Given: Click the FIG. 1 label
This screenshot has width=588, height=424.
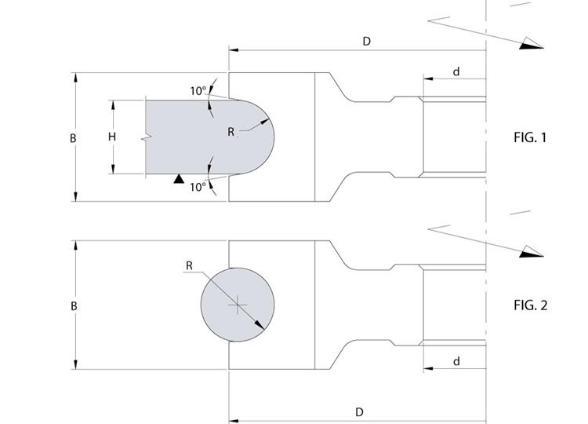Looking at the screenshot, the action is [530, 137].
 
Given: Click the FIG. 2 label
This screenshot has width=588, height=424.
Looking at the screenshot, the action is [530, 305].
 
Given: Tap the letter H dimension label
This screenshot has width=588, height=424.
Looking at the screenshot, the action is [112, 137].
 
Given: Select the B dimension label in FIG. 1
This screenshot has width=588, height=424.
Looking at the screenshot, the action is [73, 138].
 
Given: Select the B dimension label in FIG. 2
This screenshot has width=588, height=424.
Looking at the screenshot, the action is [74, 306].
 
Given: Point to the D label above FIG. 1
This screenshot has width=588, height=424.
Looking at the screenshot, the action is [367, 42].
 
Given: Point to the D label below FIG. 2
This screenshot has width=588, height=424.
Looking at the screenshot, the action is [359, 412].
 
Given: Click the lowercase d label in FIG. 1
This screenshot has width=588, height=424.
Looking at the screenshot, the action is [456, 71].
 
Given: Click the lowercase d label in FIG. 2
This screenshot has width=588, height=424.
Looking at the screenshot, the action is [456, 361].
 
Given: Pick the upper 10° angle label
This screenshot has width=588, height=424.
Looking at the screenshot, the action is [198, 91].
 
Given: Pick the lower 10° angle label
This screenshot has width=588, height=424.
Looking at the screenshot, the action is [198, 187].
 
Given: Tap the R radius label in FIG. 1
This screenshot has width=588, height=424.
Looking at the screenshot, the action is [231, 132].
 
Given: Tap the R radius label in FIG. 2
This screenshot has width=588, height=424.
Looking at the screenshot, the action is [190, 266].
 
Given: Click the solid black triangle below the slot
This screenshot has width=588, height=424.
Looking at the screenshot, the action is [179, 179].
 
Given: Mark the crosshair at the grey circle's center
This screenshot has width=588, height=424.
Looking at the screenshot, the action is [238, 305].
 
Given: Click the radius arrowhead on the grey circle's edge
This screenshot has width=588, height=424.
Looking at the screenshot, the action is [260, 326].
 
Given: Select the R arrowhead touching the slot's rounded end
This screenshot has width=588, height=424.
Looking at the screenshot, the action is [265, 121].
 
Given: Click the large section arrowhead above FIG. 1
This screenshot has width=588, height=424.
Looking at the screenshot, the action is [531, 43].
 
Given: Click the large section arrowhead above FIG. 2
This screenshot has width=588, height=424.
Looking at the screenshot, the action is [531, 251].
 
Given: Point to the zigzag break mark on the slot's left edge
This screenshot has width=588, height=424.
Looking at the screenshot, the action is [147, 137].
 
